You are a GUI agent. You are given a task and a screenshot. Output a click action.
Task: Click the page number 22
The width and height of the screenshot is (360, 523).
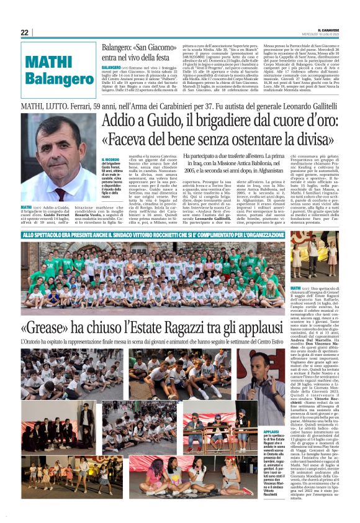24,32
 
